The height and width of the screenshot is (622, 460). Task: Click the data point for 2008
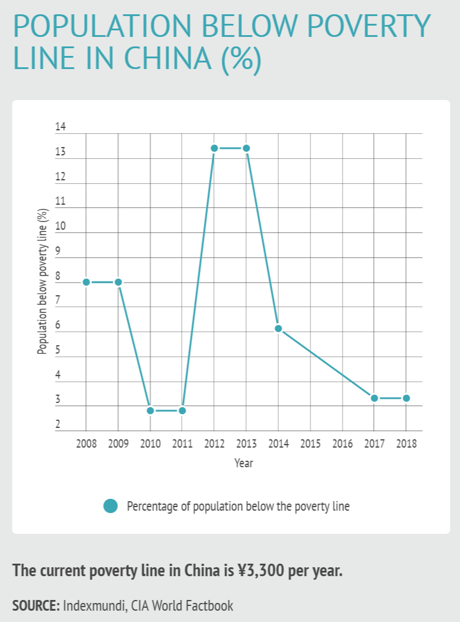pos(86,282)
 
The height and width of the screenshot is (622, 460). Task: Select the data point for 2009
pos(118,282)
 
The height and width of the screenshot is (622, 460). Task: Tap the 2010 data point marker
pos(150,411)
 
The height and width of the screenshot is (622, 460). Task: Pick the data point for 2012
pos(214,148)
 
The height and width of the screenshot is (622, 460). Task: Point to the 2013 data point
pos(246,148)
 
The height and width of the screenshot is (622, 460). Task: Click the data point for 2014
pos(278,329)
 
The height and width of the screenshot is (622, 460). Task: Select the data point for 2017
pos(374,398)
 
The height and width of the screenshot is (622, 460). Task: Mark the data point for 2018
pos(406,398)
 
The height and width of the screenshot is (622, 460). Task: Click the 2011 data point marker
pos(182,411)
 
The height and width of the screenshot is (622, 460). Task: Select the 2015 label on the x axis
pos(310,444)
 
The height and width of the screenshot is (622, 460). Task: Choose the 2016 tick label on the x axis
pos(342,444)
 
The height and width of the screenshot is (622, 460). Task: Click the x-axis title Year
pos(244,463)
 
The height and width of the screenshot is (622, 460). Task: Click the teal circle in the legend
pos(110,506)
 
